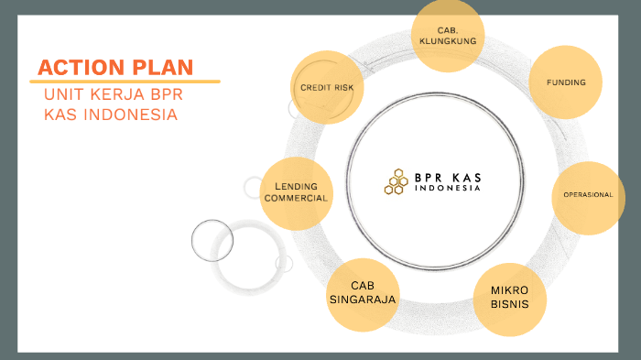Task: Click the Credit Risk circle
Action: tap(327, 87)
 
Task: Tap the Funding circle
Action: tap(566, 82)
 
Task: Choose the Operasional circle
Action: tap(588, 197)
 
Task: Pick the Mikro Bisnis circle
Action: tap(509, 297)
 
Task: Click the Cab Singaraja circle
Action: tap(363, 294)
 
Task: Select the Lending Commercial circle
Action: tap(296, 192)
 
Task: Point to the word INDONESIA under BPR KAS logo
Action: tap(447, 189)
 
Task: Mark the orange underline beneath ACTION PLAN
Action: tap(127, 82)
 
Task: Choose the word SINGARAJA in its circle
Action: tap(363, 300)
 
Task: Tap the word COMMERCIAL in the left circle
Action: tap(296, 198)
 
